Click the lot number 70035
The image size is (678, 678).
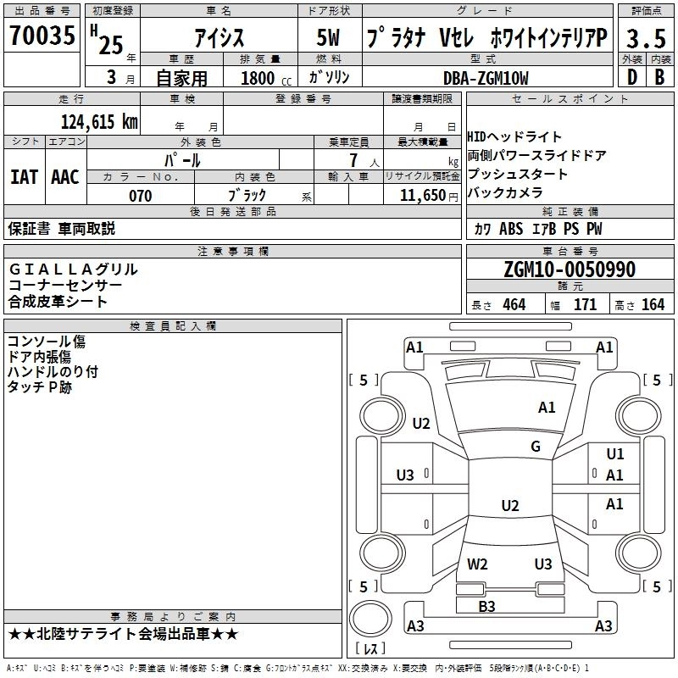click(42, 36)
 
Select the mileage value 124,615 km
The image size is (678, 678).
click(99, 121)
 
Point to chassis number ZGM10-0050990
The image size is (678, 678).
click(570, 270)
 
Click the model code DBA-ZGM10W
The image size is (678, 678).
click(486, 78)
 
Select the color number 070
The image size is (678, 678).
click(140, 196)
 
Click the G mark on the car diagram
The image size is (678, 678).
click(536, 447)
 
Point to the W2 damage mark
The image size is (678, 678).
click(478, 564)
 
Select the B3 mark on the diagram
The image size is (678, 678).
click(486, 606)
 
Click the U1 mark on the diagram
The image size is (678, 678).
click(615, 454)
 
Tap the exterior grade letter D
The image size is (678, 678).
click(631, 78)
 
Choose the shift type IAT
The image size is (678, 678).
click(24, 176)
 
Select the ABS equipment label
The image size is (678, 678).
click(511, 229)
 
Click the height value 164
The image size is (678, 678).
click(653, 305)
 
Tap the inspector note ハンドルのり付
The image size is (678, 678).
click(53, 371)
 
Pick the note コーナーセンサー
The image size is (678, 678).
click(65, 286)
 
